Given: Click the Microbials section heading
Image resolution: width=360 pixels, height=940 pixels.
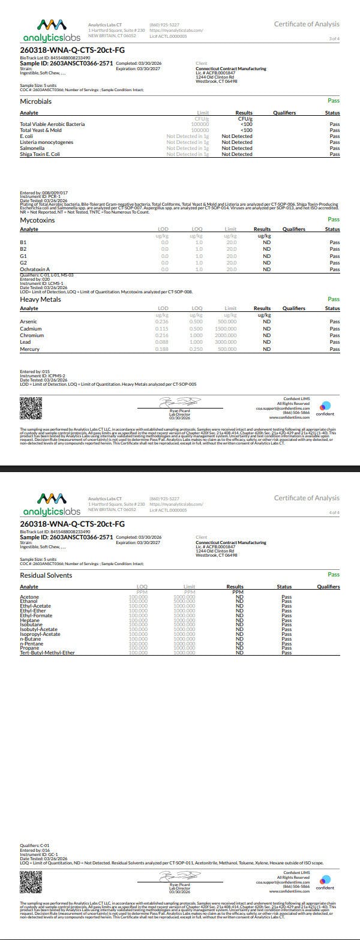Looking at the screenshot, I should [x=36, y=101].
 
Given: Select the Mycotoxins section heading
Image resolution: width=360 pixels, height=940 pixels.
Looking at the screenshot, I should [x=37, y=220].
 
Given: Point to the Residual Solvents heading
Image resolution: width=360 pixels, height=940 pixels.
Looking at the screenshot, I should [x=46, y=575].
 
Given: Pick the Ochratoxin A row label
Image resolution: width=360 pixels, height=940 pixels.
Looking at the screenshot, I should [x=35, y=269].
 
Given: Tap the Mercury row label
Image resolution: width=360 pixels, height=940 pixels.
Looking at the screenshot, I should [x=29, y=349].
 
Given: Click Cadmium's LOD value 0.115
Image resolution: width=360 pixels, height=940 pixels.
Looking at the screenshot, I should [x=161, y=329].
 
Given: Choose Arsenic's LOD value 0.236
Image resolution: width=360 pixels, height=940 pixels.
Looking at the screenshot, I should [x=161, y=322].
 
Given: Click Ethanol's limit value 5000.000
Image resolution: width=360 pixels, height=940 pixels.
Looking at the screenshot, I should [x=184, y=601].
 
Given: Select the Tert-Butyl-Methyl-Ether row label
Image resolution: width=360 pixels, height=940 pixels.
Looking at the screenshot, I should [x=47, y=652].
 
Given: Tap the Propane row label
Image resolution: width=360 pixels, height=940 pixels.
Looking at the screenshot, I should [x=30, y=648].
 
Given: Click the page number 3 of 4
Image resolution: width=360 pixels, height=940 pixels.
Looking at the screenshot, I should [x=334, y=38].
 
